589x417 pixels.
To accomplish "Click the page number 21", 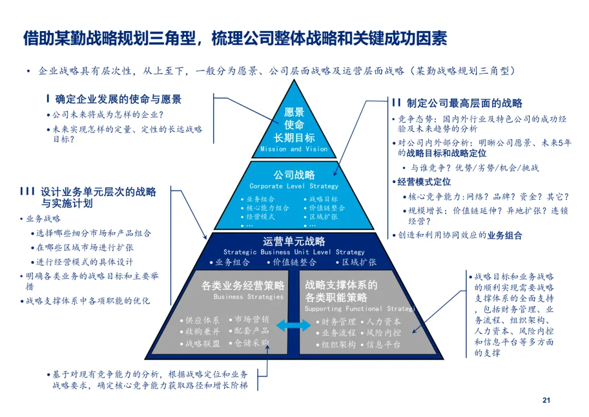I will coord(546,401).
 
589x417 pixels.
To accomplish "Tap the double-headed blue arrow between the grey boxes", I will coord(293,326).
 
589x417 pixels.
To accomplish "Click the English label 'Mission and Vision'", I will coord(294,149).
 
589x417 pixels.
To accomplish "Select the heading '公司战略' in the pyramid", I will coord(294,175).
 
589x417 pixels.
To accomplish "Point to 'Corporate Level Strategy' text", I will coord(294,186).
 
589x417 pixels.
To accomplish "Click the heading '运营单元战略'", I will coord(294,241).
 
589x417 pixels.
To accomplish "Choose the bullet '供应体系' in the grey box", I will coord(202,320).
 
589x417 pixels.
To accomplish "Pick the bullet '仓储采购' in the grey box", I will coord(251,343).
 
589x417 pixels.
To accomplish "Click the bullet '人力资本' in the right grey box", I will coord(383,321).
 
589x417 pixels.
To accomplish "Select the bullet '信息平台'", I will coord(383,344).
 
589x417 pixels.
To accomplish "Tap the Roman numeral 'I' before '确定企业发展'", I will coord(48,99).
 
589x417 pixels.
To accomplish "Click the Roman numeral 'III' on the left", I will coord(27,192).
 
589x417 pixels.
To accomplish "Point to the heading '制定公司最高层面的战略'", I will coord(464,103).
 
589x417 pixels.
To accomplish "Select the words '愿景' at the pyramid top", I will coord(294,112).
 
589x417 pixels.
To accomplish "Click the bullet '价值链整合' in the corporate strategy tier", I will coord(327,208).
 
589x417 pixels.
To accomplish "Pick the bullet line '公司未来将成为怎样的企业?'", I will coord(108,115).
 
